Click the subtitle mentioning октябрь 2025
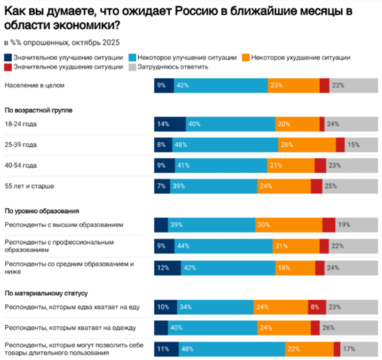[62, 43]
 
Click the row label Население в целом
[35, 85]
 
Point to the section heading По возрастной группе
[39, 111]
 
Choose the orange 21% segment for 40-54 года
[290, 166]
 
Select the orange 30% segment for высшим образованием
[288, 225]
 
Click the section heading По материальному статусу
[46, 293]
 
